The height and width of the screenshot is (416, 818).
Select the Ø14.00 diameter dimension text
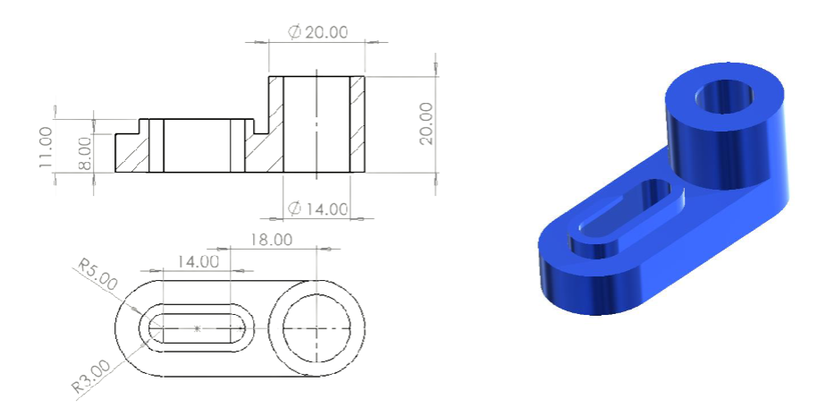click(x=318, y=209)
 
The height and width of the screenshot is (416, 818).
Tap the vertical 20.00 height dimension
click(x=426, y=123)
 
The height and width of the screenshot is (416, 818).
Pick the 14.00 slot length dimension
click(x=198, y=261)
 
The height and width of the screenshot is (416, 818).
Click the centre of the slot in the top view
click(x=198, y=328)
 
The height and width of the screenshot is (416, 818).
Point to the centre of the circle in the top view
click(x=316, y=328)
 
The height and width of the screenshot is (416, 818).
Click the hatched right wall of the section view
click(x=357, y=123)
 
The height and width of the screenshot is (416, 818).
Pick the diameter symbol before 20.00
click(x=294, y=32)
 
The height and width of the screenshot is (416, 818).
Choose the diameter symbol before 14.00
click(x=295, y=209)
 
